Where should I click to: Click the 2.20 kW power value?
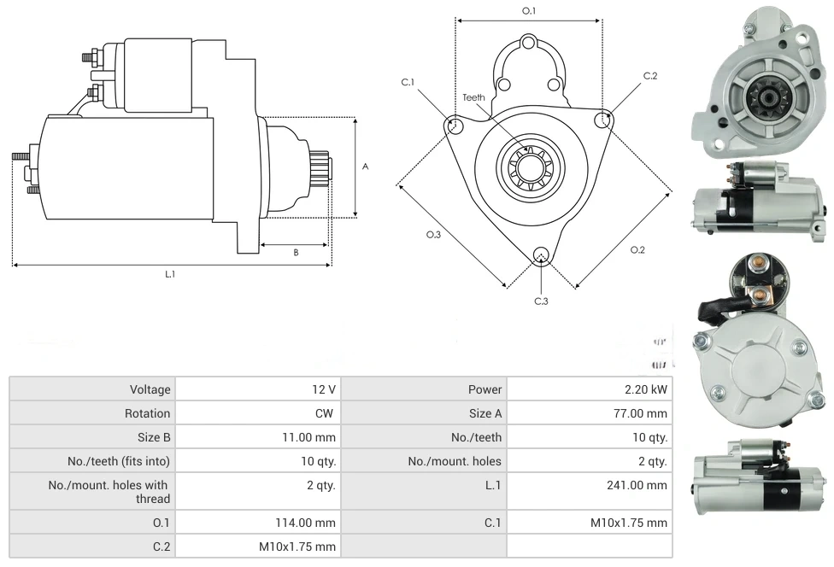coord(646,389)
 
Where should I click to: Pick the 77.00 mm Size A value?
coord(645,413)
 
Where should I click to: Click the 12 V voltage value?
coord(324,389)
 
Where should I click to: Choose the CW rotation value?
coord(326,413)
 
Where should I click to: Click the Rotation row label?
coord(148,413)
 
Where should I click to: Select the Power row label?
coord(485,389)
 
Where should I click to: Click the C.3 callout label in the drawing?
coord(541,301)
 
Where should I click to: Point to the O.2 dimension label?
coord(637,249)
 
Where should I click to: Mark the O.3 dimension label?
coord(433,235)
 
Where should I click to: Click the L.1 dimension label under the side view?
coord(170,274)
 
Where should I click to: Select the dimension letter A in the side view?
coord(366,167)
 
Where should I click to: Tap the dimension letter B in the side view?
coord(296,252)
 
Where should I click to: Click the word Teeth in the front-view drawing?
coord(473,97)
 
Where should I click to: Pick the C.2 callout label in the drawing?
coord(650,76)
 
